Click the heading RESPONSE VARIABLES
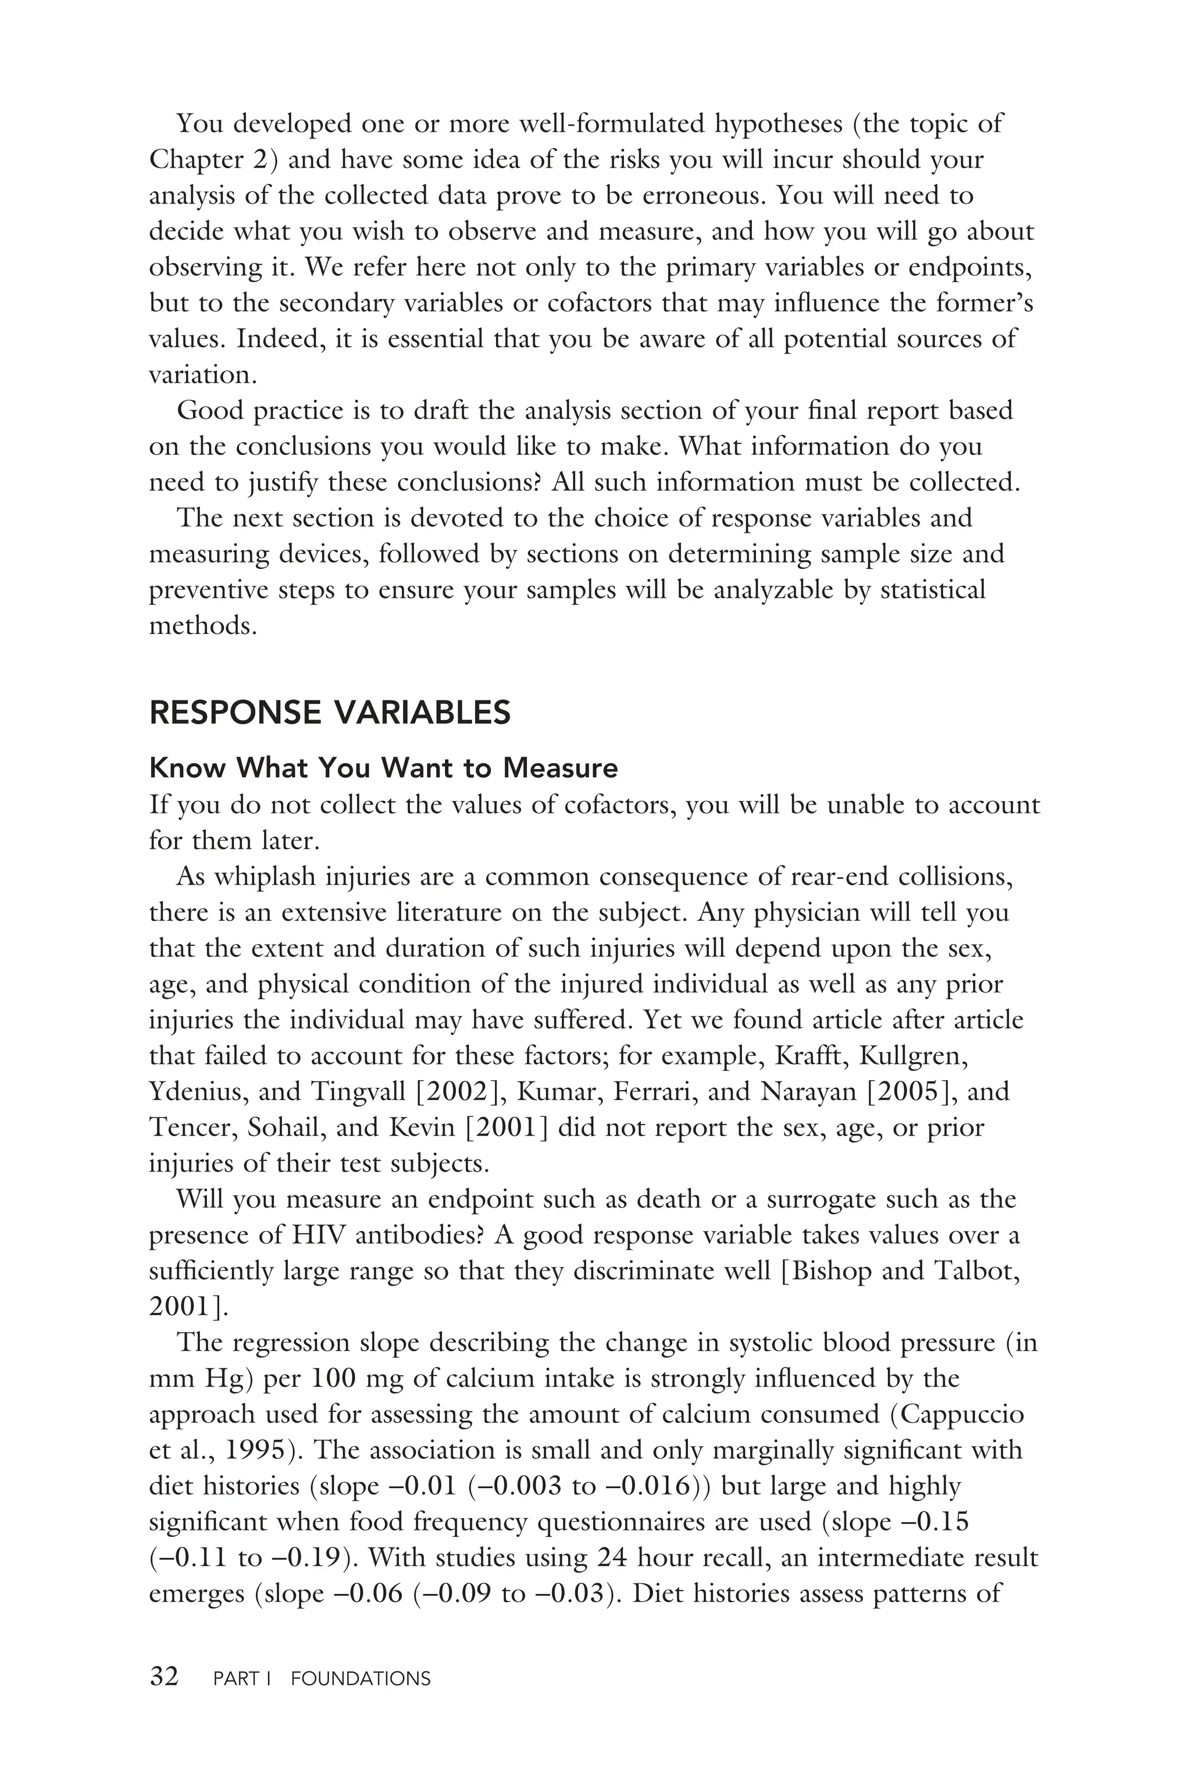pyautogui.click(x=330, y=713)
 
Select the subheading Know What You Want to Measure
pyautogui.click(x=384, y=768)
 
